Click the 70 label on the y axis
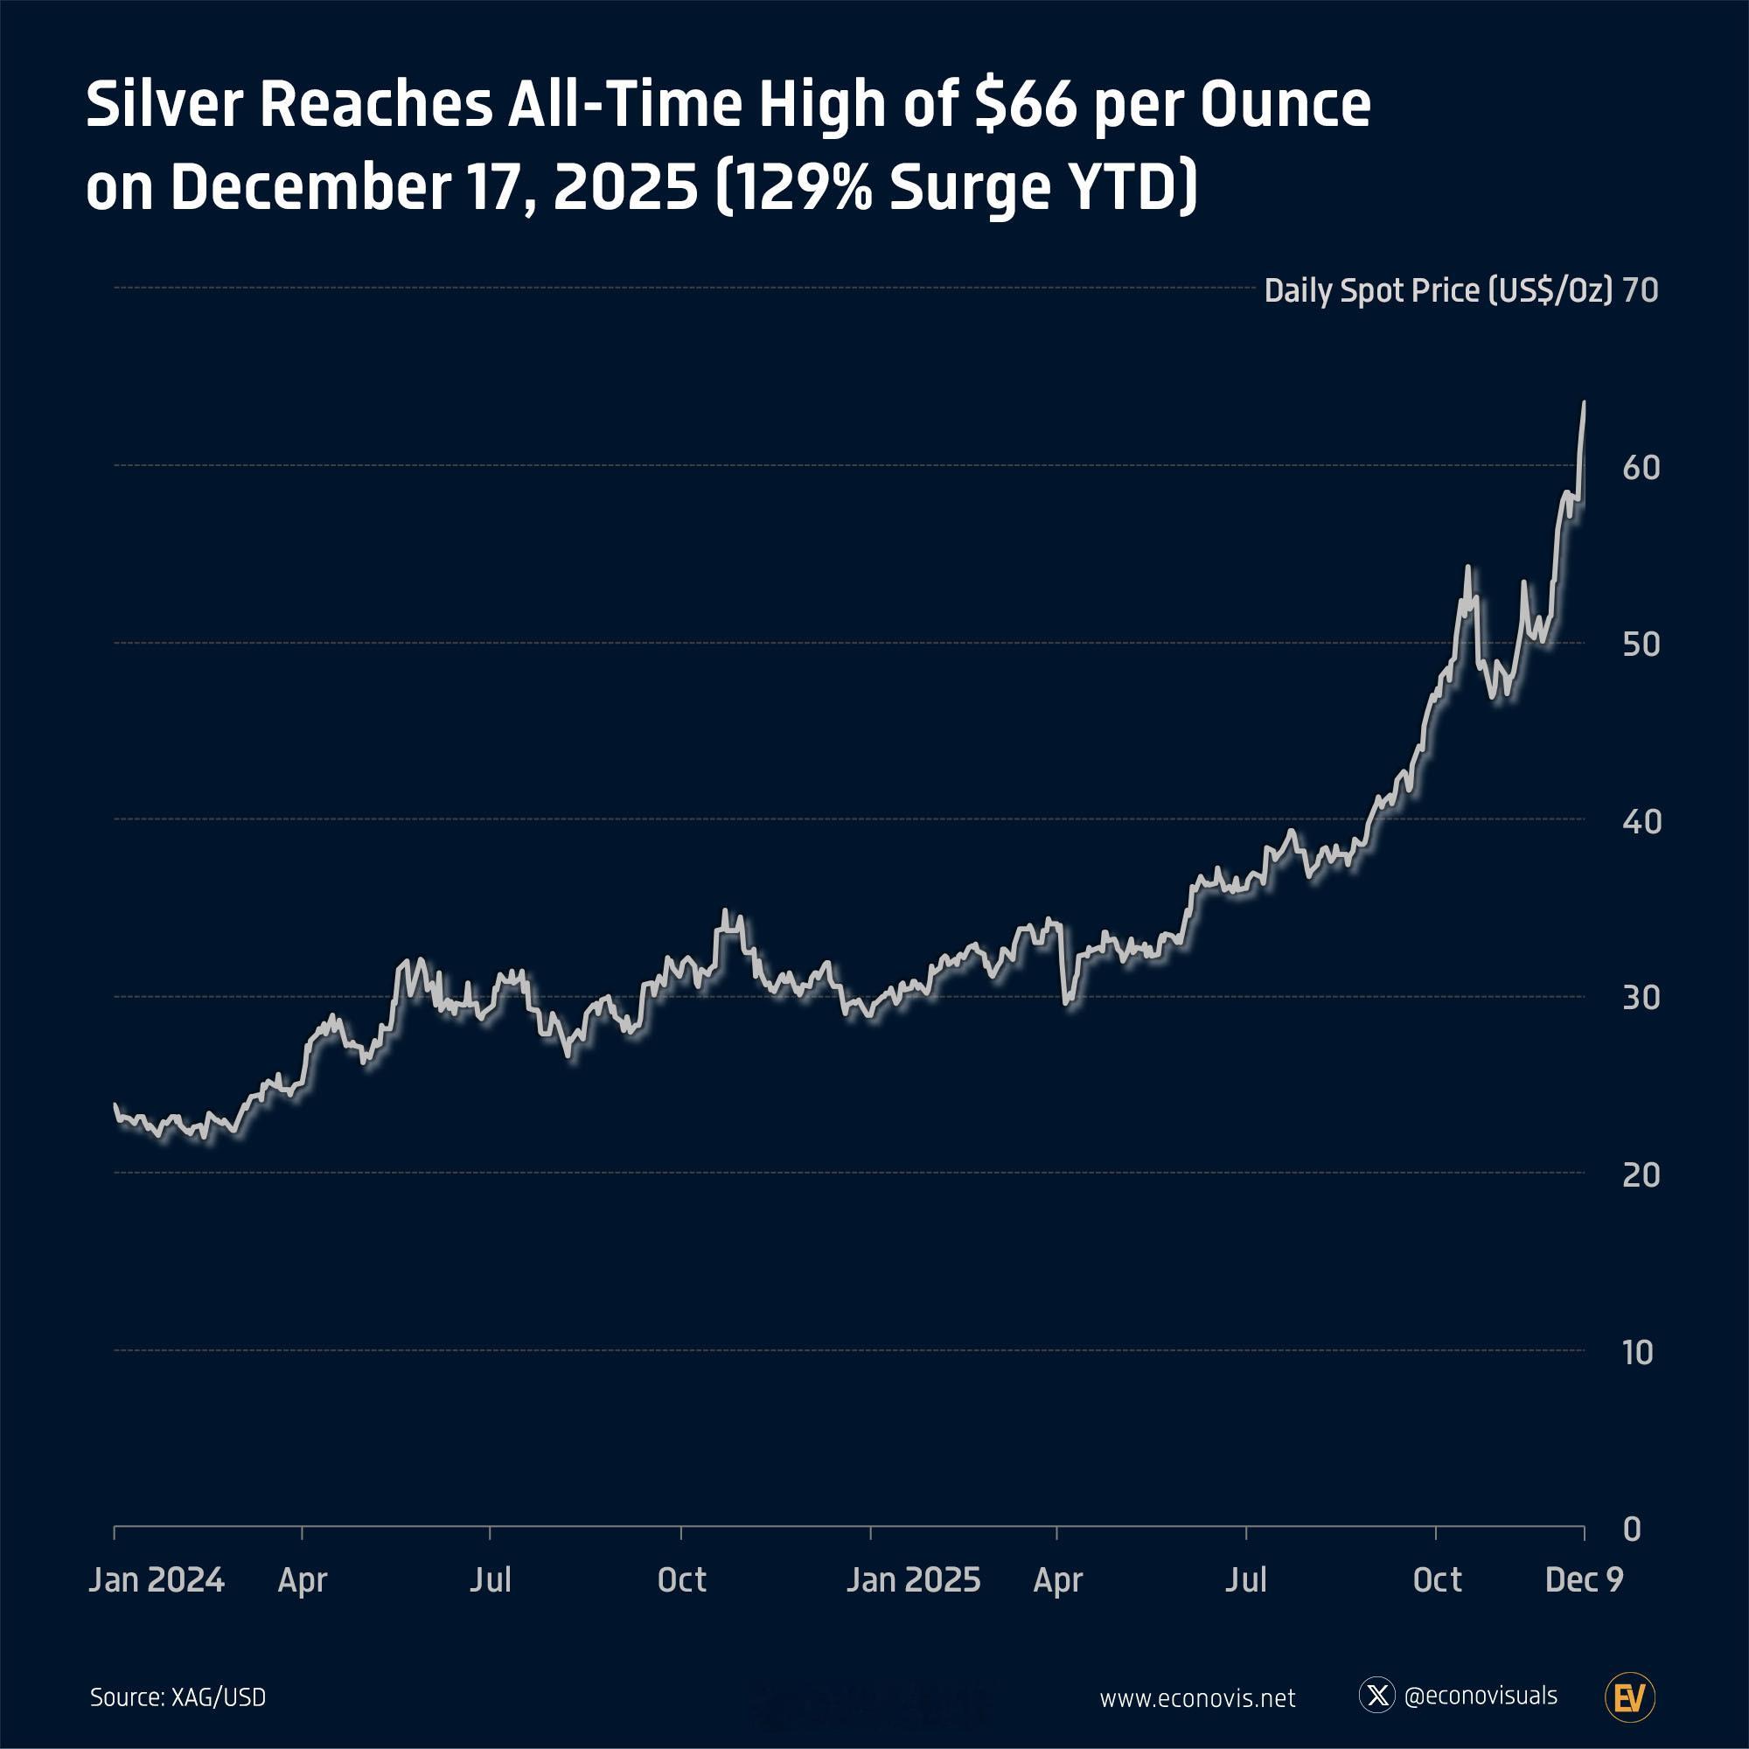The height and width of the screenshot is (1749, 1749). (1640, 290)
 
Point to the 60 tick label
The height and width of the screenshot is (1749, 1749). (1641, 468)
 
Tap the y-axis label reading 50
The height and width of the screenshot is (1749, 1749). (1641, 645)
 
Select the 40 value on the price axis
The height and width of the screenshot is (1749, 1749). (1641, 822)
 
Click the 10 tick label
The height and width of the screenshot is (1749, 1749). (1638, 1353)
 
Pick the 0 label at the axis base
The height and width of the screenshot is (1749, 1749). (1631, 1529)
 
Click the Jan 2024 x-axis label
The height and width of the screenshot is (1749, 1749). (156, 1579)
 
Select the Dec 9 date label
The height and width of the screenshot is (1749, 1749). (1584, 1579)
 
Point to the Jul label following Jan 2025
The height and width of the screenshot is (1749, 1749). (1245, 1579)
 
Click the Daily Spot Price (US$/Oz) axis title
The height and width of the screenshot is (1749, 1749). (1438, 290)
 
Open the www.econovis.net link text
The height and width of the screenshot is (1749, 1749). (1197, 1698)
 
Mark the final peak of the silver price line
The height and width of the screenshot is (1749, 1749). (1583, 402)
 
